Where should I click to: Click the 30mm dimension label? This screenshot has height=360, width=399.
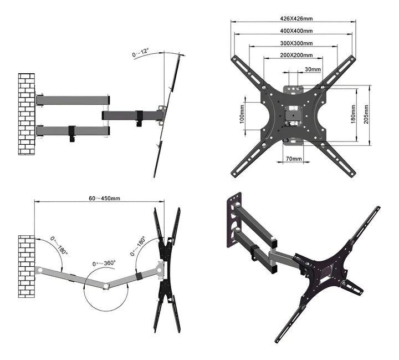tap(313, 69)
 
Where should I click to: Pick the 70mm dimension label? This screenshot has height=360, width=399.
tap(294, 159)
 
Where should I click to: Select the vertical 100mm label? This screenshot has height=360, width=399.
tap(242, 115)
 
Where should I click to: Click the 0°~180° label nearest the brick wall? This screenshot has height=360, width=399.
tap(59, 245)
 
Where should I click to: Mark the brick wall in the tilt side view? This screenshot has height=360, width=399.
tap(26, 114)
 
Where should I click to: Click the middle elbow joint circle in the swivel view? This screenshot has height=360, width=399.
tap(105, 286)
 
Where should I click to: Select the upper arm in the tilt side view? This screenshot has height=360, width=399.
tap(71, 100)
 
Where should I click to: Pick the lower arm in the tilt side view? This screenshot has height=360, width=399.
tap(71, 131)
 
